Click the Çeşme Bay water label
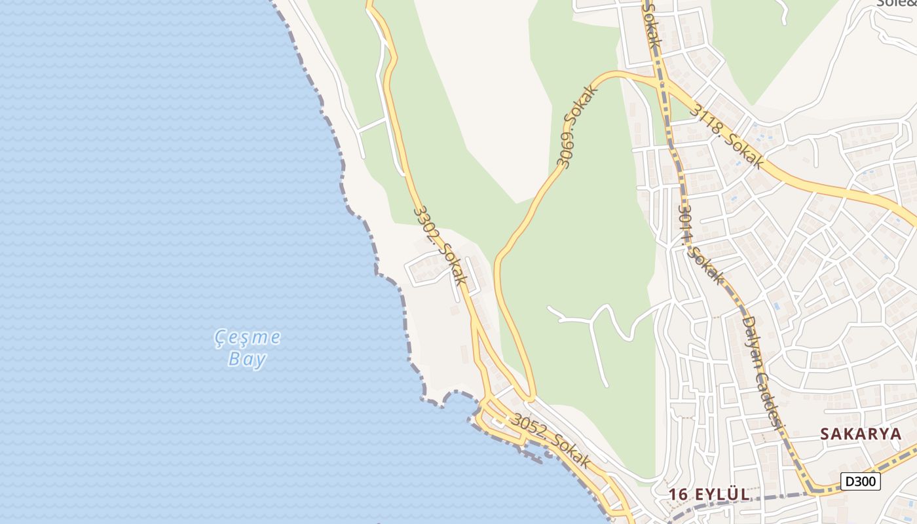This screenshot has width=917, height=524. point(248,348)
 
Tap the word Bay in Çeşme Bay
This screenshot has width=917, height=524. point(248,359)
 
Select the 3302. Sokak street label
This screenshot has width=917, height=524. point(441,245)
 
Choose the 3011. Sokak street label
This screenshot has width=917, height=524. point(702,246)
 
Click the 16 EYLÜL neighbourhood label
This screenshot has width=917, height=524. point(709,495)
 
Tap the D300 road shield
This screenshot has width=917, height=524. point(861,482)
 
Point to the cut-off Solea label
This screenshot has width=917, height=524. point(897,3)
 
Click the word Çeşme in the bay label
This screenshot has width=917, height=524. point(248,337)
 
